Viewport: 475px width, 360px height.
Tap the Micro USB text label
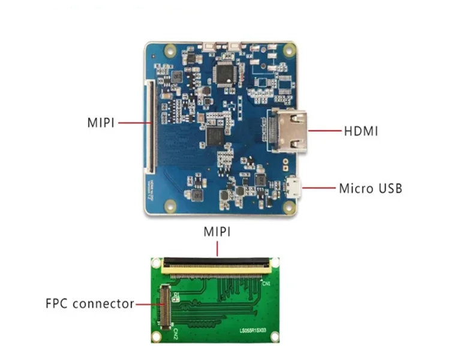(371, 188)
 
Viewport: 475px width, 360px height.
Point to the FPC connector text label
(90, 304)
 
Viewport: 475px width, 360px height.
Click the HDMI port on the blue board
(288, 131)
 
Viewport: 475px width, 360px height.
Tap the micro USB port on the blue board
(294, 188)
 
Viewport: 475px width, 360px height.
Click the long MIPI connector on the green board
(217, 263)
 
